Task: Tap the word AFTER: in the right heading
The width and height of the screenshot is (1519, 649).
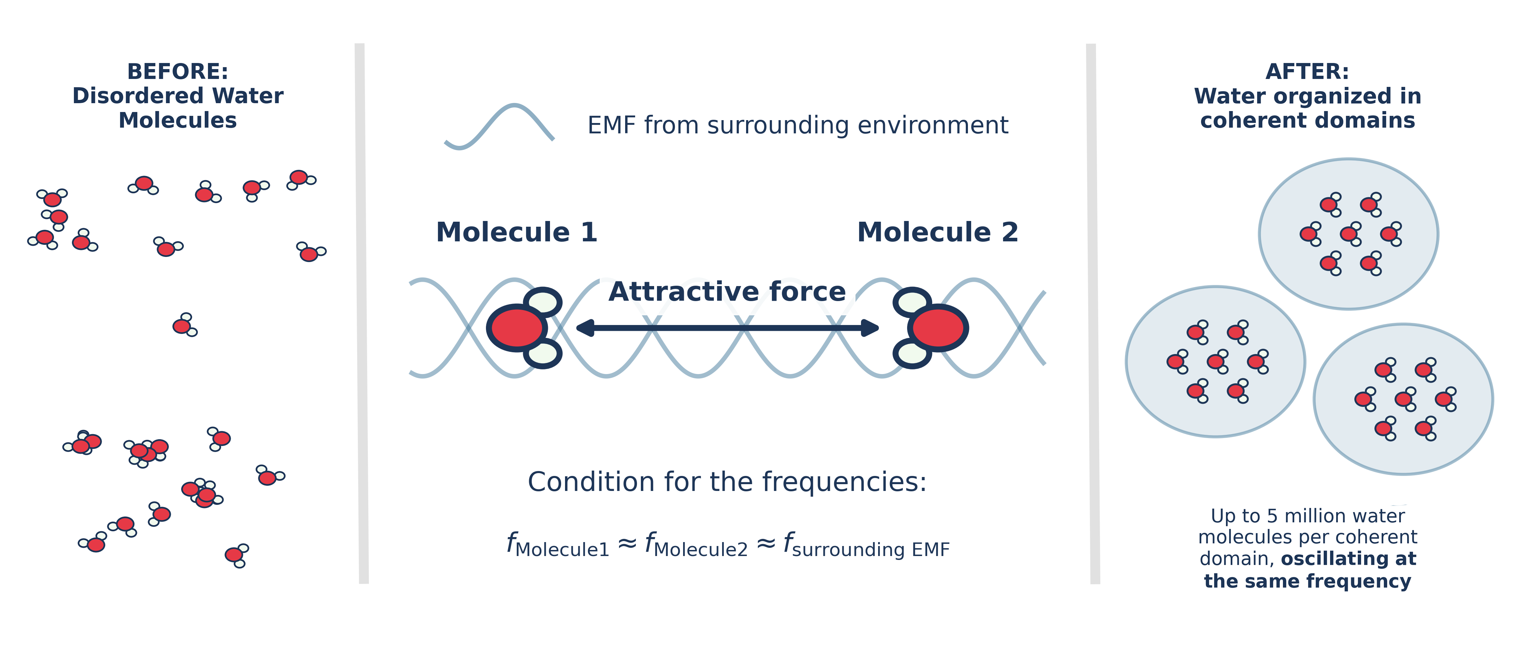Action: pos(1307,71)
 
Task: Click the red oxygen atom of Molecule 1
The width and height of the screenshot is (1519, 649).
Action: pos(517,328)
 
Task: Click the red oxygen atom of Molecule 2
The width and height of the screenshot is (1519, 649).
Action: pos(938,328)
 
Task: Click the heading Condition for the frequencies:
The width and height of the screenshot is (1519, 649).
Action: pos(727,482)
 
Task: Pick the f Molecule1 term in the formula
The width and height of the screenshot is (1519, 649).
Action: pos(557,545)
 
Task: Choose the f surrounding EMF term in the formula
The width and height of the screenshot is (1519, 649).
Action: pos(866,545)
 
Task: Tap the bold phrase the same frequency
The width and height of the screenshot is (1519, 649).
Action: pos(1307,581)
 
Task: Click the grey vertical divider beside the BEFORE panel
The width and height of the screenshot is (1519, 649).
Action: pos(362,313)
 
